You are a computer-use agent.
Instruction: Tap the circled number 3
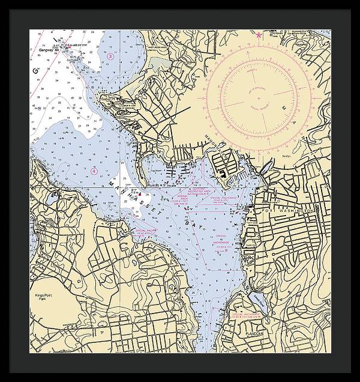tap(111, 56)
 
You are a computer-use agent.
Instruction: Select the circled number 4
tap(94, 171)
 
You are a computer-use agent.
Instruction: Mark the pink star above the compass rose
tap(259, 35)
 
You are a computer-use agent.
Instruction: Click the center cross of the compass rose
tap(259, 97)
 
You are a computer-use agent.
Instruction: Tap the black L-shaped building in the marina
tap(224, 174)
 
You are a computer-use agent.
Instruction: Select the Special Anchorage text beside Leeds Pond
tap(247, 316)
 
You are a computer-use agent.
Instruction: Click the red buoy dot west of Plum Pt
tap(136, 193)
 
